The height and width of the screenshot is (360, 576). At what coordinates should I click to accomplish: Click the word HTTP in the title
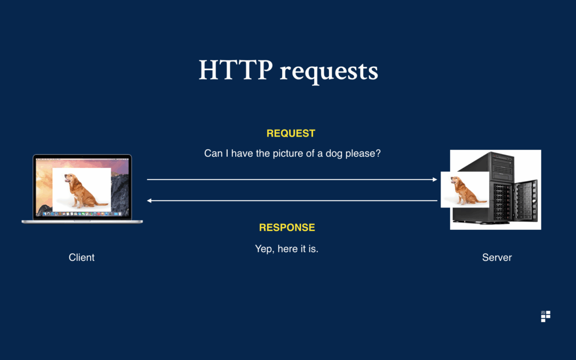coord(236,69)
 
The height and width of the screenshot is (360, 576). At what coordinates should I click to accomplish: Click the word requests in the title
coord(329,71)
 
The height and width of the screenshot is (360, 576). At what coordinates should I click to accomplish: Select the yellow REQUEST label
coord(291,133)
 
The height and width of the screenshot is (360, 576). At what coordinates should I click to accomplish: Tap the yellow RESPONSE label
coord(287,228)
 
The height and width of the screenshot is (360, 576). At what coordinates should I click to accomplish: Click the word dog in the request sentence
coord(334,154)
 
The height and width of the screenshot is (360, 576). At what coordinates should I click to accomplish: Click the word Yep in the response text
coord(264,249)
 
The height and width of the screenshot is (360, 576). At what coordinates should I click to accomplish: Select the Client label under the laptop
coord(82,258)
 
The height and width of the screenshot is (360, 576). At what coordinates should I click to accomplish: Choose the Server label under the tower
coord(497,258)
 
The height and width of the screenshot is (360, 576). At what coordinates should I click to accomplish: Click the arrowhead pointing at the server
coord(435,180)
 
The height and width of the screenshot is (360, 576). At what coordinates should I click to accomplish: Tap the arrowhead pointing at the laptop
coord(149,201)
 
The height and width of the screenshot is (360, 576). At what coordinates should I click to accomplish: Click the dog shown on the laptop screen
coord(83,190)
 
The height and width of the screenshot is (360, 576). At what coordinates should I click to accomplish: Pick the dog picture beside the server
coord(465,189)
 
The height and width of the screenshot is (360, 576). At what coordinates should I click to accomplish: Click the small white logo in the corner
coord(546,316)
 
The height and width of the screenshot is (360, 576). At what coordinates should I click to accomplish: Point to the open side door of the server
coord(526,201)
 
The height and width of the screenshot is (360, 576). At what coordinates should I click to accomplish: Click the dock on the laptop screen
coord(82,214)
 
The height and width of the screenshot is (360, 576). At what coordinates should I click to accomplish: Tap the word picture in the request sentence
coord(288,154)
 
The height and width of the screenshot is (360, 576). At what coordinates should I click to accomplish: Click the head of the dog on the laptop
coord(70,179)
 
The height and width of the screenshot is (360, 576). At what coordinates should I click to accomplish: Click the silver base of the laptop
coord(82,222)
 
